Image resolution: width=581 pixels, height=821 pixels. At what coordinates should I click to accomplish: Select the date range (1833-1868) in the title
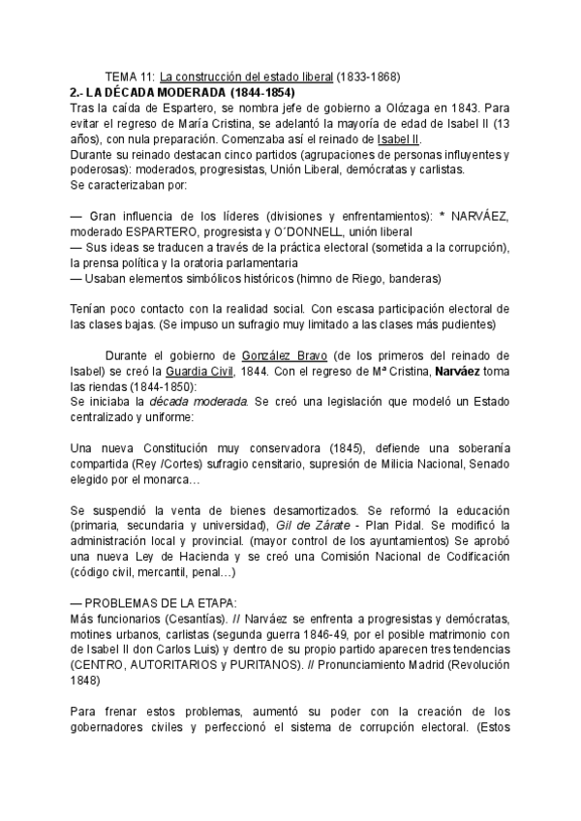(x=369, y=76)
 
